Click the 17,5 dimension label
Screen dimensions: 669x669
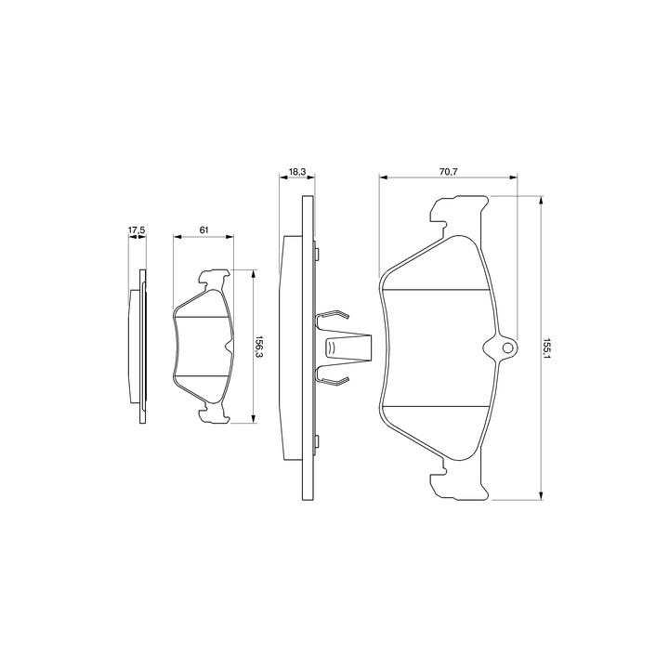[137, 230]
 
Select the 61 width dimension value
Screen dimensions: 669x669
[203, 230]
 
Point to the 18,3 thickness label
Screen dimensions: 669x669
[297, 172]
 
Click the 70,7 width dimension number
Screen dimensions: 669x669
[449, 172]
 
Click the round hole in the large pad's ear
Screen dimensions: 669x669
[507, 348]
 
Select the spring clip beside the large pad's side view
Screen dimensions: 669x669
[343, 347]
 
